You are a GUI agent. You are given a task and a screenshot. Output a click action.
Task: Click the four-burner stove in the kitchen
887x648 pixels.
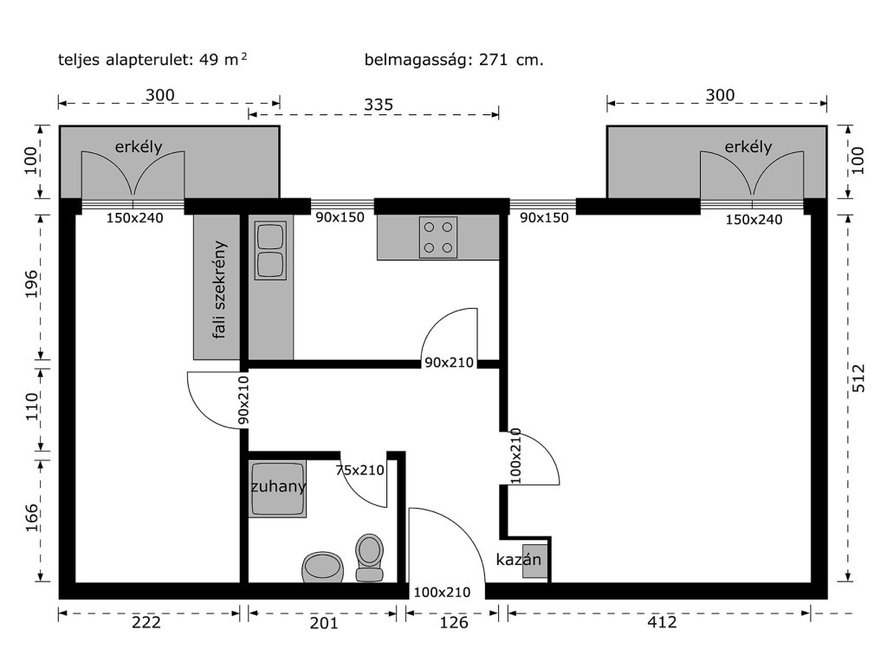coord(437,237)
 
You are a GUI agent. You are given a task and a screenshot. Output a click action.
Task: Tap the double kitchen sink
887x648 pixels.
coord(270,250)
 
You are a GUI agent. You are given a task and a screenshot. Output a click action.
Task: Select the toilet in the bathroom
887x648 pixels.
coord(369,558)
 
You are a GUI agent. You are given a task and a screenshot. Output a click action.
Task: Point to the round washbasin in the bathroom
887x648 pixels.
coord(323,568)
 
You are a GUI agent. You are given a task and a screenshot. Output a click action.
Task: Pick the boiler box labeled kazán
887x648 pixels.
coord(534,561)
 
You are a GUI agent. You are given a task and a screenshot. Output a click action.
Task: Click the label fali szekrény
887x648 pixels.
coord(219,290)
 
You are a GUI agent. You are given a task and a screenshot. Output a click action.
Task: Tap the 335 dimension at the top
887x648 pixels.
coord(378,105)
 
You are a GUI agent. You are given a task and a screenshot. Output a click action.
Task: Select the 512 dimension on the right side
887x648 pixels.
coord(858,378)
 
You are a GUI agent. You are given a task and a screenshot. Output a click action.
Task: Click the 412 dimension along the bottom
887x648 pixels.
coord(662,622)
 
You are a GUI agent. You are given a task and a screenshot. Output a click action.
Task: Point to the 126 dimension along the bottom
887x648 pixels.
coord(454,623)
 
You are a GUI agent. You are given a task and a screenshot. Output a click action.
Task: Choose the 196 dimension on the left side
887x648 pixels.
coord(32,284)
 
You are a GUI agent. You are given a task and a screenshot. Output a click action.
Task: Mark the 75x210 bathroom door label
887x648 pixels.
coord(359,470)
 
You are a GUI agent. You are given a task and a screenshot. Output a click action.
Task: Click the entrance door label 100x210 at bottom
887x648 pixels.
coord(442,592)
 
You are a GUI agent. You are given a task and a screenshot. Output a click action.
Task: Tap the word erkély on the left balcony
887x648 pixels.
coord(139,147)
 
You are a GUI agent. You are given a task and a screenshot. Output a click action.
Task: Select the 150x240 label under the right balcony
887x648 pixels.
coord(754,220)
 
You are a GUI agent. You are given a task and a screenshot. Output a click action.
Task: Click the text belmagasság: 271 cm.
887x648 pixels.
coord(454,60)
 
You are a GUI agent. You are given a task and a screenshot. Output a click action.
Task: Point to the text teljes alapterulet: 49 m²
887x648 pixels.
coord(152,60)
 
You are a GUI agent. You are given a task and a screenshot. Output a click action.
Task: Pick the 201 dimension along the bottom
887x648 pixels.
coord(324,623)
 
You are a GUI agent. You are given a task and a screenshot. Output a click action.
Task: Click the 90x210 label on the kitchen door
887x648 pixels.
coord(450,362)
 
